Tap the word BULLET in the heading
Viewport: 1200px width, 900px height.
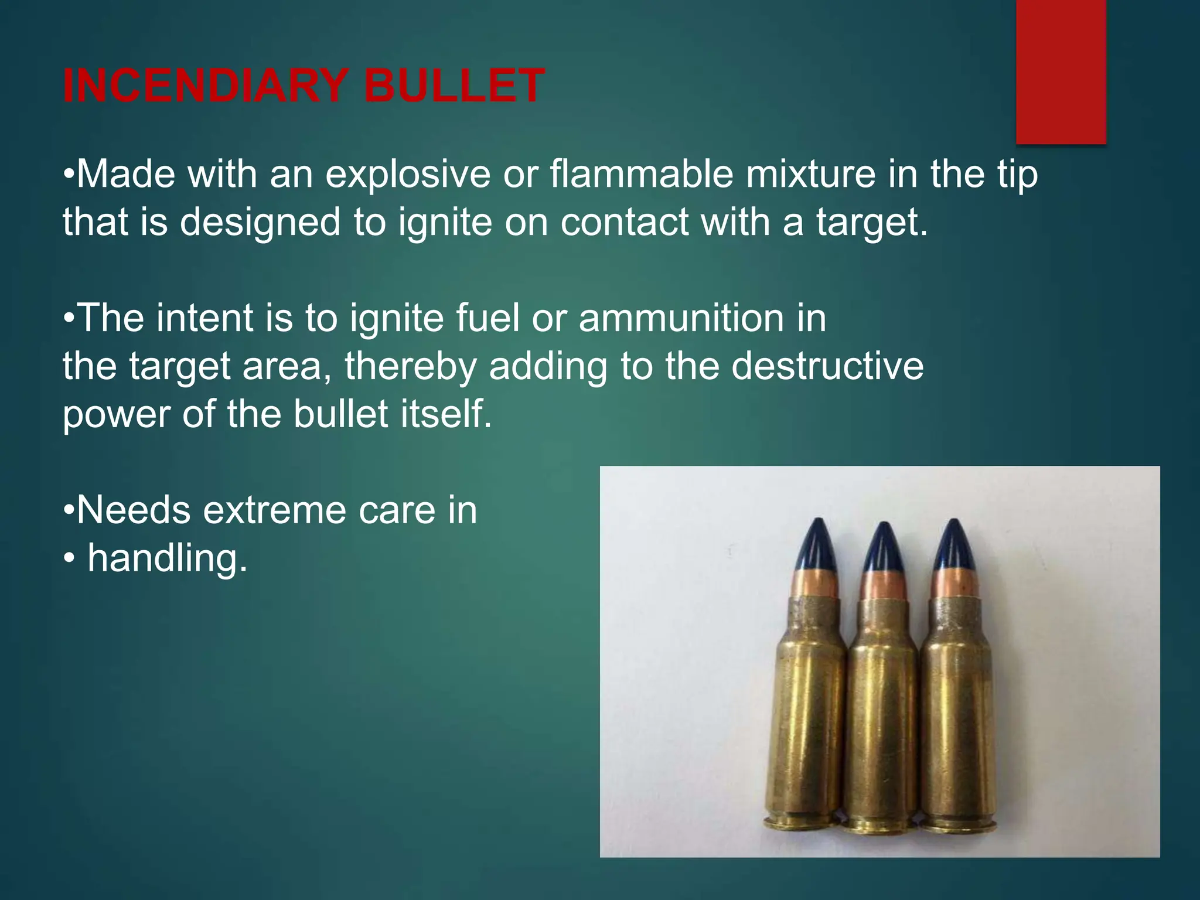tap(454, 87)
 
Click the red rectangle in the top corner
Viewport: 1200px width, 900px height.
tap(1061, 70)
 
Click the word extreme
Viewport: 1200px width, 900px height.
tap(275, 510)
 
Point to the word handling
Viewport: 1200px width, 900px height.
tap(168, 558)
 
